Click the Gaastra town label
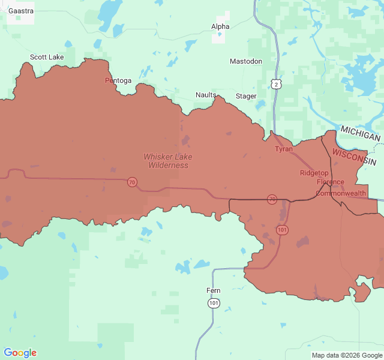[x=20, y=11]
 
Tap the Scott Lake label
[x=47, y=57]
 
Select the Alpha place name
[x=220, y=26]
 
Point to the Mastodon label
[x=246, y=61]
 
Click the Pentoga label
[x=118, y=80]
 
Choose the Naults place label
[x=206, y=95]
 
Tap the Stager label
[x=246, y=96]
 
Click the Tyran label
[x=284, y=149]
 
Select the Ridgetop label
[x=314, y=173]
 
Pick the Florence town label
[x=331, y=182]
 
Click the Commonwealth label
[x=340, y=193]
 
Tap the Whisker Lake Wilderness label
[x=168, y=161]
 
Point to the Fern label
[x=214, y=290]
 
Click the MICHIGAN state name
[x=360, y=133]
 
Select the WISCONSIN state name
[x=354, y=158]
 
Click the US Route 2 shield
[x=275, y=84]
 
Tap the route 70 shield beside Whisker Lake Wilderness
[x=131, y=182]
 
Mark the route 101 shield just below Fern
[x=214, y=304]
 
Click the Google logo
[x=20, y=353]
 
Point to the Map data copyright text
[x=346, y=355]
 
